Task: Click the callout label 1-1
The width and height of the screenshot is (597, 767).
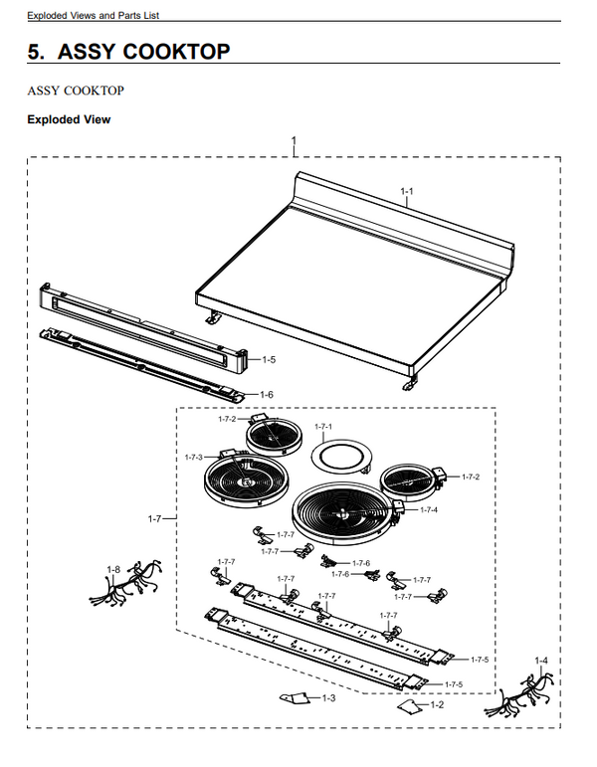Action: click(406, 190)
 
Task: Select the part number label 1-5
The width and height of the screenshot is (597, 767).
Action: click(268, 359)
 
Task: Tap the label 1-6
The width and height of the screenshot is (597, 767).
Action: click(267, 395)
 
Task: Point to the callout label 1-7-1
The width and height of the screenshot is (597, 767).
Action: click(323, 427)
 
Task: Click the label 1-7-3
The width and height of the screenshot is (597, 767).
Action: click(193, 457)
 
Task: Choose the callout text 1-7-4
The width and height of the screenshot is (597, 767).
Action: click(428, 509)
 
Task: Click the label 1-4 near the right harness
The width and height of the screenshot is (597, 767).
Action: click(540, 662)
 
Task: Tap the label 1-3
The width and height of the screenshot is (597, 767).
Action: click(329, 699)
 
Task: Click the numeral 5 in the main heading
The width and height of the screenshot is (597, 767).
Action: click(35, 52)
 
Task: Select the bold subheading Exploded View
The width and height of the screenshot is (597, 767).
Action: click(69, 119)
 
